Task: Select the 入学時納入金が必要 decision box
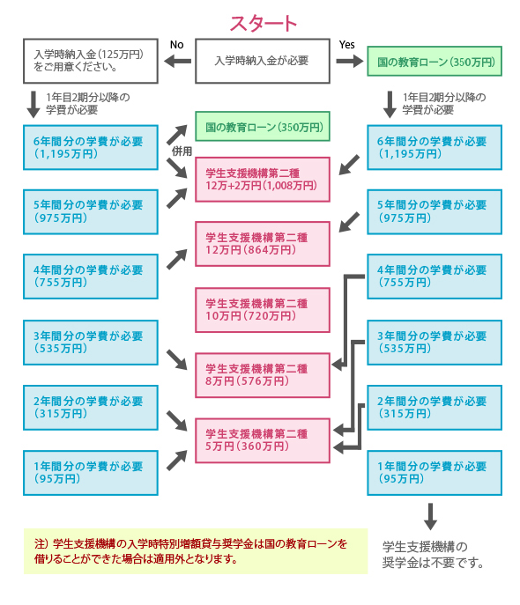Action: (262, 61)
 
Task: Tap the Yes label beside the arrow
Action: (346, 44)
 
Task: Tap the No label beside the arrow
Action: (176, 44)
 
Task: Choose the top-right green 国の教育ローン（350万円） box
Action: (434, 62)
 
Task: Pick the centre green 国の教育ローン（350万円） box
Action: (262, 127)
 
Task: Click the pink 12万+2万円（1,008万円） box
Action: (262, 180)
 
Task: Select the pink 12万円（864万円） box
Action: (262, 244)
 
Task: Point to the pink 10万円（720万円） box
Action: (262, 309)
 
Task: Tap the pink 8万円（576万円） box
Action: (262, 374)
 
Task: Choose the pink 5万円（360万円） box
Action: (262, 439)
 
